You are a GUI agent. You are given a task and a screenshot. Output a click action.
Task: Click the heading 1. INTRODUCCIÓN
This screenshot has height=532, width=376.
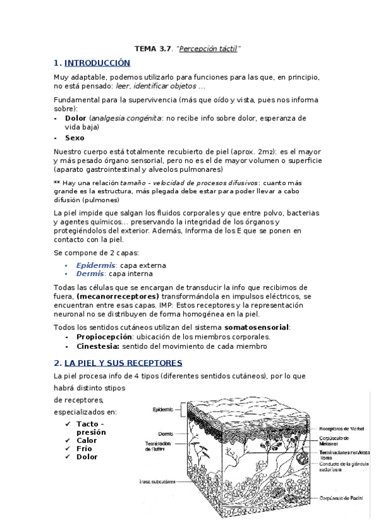[x=92, y=63]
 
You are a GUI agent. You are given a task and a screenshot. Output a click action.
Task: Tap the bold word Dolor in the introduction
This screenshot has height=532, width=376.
[x=75, y=118]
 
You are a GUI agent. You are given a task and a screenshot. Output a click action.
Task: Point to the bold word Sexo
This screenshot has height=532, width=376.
[x=75, y=137]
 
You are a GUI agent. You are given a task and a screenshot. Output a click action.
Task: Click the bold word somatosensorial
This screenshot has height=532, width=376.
[x=256, y=327]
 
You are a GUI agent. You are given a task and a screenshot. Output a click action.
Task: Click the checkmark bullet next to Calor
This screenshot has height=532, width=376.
[x=68, y=440]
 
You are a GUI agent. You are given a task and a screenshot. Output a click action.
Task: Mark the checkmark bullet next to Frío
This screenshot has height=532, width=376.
[x=68, y=449]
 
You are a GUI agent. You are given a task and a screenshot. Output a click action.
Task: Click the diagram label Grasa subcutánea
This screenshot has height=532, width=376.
[x=157, y=482]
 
